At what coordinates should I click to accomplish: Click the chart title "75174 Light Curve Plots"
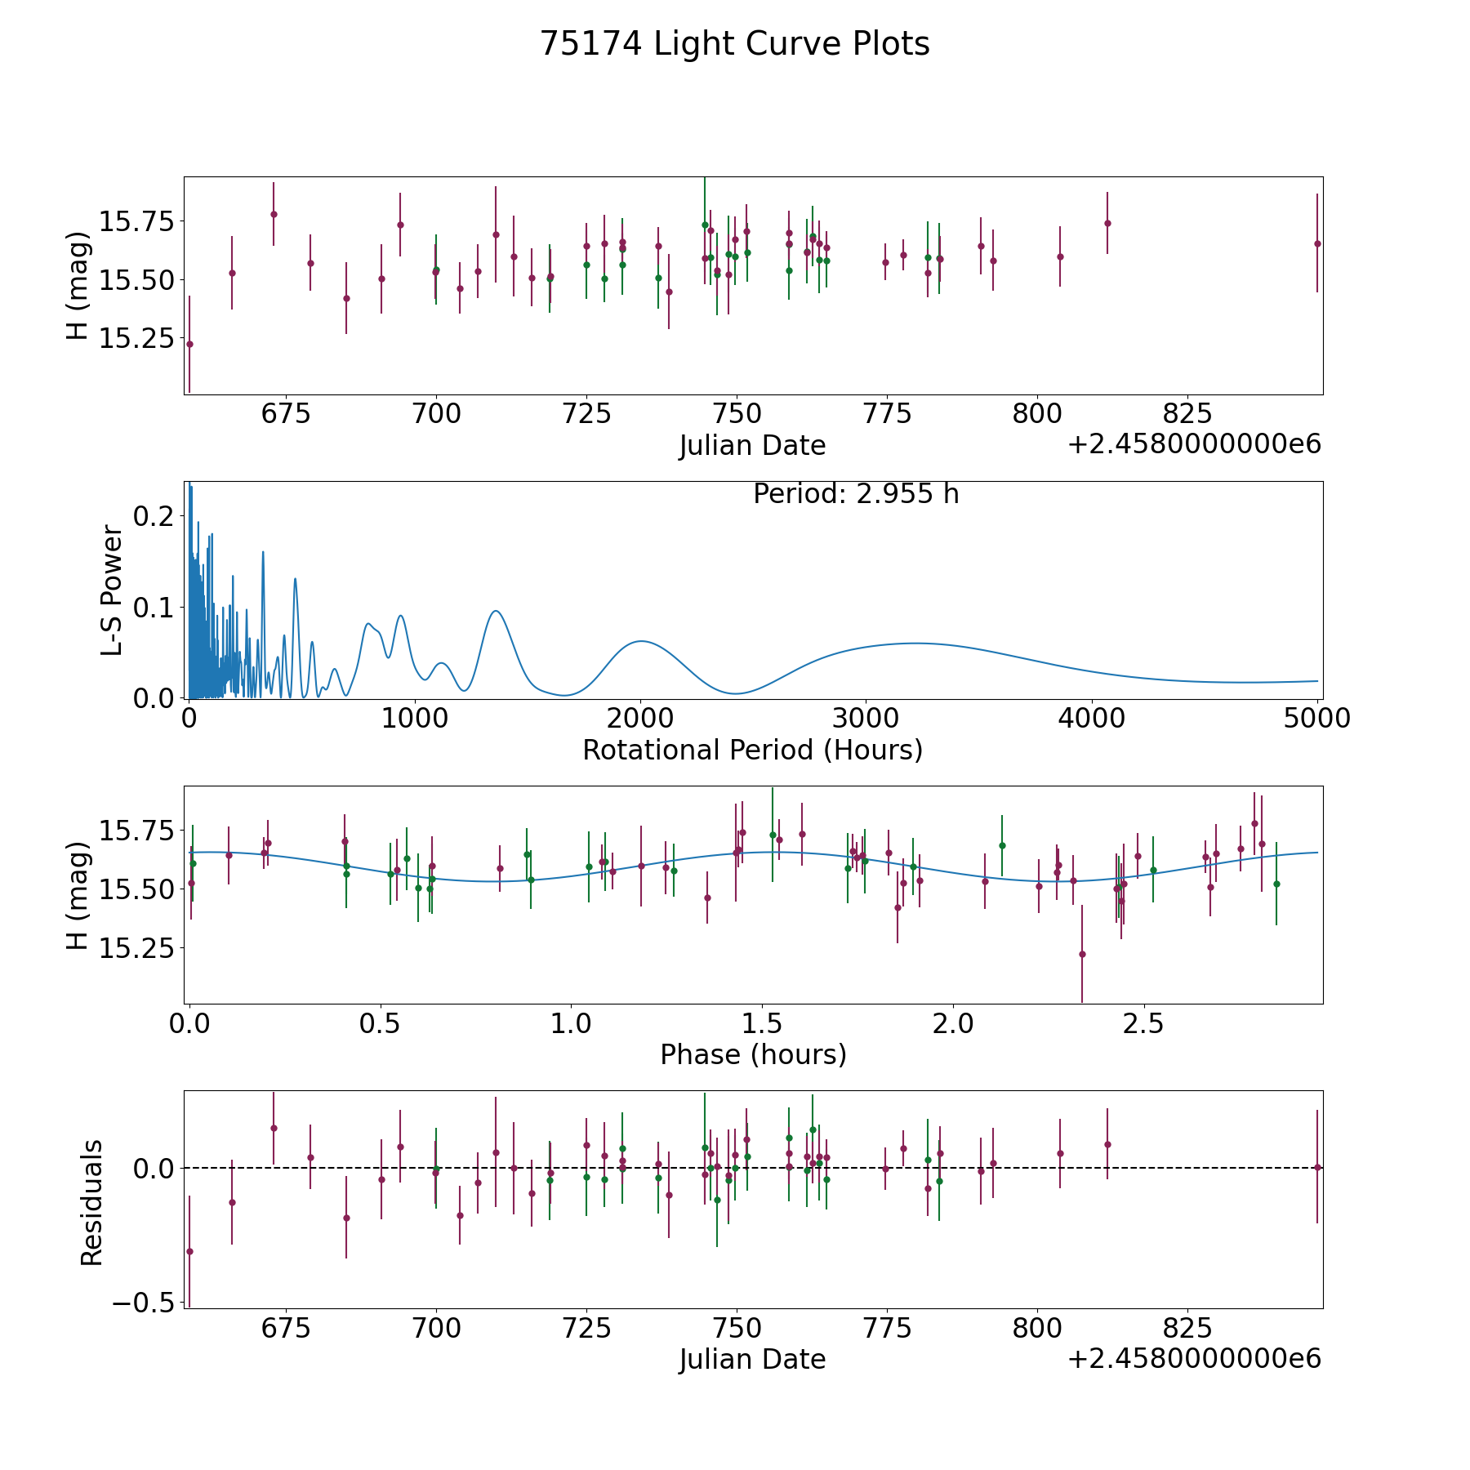[x=734, y=44]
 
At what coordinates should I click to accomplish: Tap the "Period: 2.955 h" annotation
[x=855, y=494]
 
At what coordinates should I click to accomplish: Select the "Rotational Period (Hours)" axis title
[x=752, y=750]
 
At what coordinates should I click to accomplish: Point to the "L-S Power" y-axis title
[x=113, y=590]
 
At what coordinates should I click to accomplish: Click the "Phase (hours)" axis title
[x=752, y=1054]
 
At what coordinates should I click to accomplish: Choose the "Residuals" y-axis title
[x=91, y=1202]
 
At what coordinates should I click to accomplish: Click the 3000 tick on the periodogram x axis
[x=866, y=719]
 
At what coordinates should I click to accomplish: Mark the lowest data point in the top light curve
[x=189, y=344]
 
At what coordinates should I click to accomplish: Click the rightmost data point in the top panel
[x=1316, y=243]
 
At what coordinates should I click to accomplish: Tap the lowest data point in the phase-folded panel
[x=1082, y=954]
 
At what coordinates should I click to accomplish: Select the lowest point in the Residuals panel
[x=189, y=1251]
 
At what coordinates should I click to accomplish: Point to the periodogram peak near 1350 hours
[x=495, y=611]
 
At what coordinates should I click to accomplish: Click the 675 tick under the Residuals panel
[x=286, y=1328]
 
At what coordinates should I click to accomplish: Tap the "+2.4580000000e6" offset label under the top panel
[x=1194, y=444]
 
